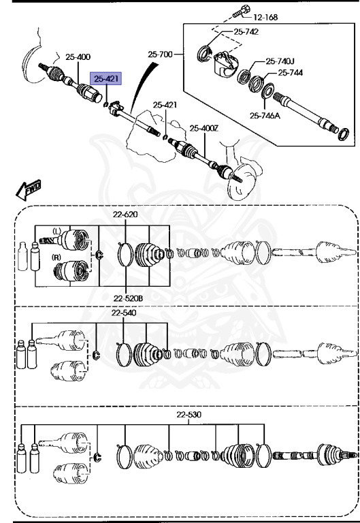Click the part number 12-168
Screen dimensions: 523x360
click(x=267, y=16)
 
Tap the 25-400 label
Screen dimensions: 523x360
click(x=78, y=57)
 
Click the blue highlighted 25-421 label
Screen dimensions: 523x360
click(x=107, y=79)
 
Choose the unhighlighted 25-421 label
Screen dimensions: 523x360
click(x=165, y=105)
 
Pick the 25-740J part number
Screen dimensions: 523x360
click(x=280, y=61)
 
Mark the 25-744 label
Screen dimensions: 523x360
click(x=291, y=72)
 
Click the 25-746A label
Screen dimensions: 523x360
click(x=264, y=115)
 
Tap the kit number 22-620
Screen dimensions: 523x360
click(x=125, y=215)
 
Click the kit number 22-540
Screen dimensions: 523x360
click(x=124, y=313)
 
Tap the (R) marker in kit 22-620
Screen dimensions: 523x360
click(x=56, y=257)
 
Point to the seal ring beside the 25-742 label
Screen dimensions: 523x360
click(x=203, y=54)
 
